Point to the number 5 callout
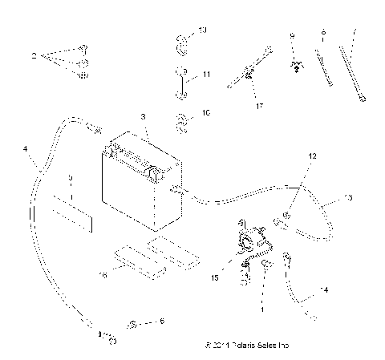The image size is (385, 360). [71, 176]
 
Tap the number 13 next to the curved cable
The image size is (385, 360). [347, 196]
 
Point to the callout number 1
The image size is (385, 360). [261, 308]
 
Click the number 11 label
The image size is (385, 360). [206, 74]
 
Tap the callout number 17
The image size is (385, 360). [259, 103]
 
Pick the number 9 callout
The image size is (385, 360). [293, 36]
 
